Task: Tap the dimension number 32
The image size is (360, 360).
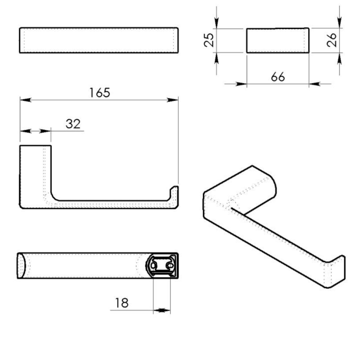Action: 73,124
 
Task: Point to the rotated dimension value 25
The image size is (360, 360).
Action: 209,40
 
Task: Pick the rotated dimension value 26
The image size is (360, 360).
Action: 332,40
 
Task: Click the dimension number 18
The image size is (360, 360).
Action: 122,303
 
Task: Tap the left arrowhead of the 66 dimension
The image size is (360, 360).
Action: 241,84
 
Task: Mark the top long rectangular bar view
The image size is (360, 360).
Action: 99,40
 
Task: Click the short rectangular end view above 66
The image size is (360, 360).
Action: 277,40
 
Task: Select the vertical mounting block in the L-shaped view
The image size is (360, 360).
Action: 35,174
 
